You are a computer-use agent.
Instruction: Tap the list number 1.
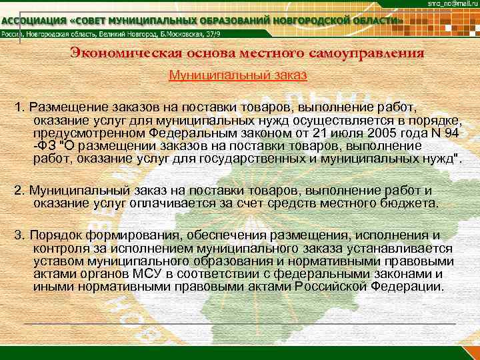click(18, 107)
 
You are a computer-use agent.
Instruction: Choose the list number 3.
click(18, 235)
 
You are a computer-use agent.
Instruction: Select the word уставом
click(55, 261)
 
